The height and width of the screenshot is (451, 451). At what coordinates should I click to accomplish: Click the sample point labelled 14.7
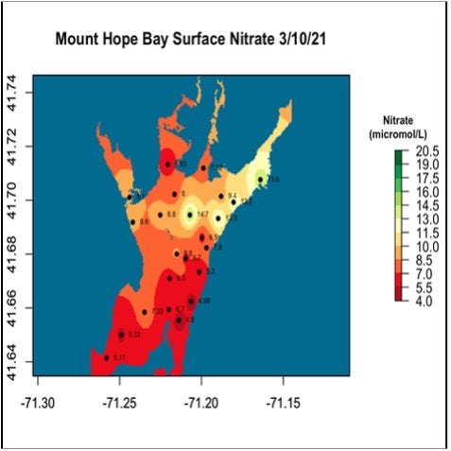[x=190, y=214]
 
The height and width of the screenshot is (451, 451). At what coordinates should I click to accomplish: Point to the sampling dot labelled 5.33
[x=122, y=334]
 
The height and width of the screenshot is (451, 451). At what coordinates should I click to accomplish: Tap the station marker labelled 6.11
[x=105, y=357]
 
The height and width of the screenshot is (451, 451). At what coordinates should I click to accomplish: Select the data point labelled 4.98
[x=192, y=301]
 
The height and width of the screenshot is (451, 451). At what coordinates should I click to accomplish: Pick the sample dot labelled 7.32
[x=144, y=311]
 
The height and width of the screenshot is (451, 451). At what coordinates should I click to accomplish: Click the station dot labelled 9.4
[x=221, y=196]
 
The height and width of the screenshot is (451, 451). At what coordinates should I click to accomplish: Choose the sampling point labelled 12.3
[x=234, y=201]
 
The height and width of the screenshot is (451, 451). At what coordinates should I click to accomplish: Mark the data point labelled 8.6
[x=132, y=221]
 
